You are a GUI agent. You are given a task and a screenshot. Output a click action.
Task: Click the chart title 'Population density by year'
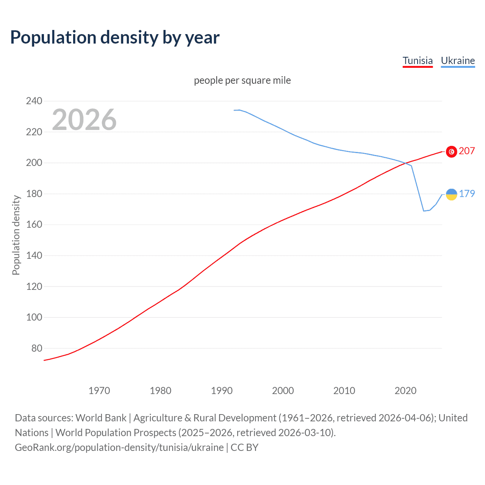tap(115, 38)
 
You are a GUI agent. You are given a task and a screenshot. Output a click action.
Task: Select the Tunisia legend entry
tap(418, 61)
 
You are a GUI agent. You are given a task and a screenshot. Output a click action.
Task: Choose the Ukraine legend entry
tap(458, 61)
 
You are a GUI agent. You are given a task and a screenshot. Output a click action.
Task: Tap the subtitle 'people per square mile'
tap(242, 80)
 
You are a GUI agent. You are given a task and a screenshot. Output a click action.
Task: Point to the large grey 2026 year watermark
tap(84, 120)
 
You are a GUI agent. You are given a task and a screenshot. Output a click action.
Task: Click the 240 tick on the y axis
tap(34, 101)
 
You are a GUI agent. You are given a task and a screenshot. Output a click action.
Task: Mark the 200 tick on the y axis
tap(34, 163)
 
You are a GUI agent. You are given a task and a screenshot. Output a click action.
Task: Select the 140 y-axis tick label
tap(34, 255)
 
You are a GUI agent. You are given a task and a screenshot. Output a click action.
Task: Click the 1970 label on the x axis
tap(99, 391)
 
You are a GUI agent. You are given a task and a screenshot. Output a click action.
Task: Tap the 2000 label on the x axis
tap(283, 391)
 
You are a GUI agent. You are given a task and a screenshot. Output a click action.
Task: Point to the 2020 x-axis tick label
tap(405, 391)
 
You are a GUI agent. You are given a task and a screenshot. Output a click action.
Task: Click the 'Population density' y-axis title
tap(16, 235)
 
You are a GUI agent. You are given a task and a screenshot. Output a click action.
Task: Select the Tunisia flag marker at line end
tap(451, 152)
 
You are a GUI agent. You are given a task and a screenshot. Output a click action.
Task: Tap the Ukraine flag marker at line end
tap(451, 194)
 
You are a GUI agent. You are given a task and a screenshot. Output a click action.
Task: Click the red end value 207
tap(467, 151)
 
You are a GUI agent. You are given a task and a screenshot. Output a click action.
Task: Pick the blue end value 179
tap(467, 194)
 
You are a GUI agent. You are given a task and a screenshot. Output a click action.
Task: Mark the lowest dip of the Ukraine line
tap(424, 211)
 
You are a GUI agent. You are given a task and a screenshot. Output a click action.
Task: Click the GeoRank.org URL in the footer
tap(119, 447)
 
